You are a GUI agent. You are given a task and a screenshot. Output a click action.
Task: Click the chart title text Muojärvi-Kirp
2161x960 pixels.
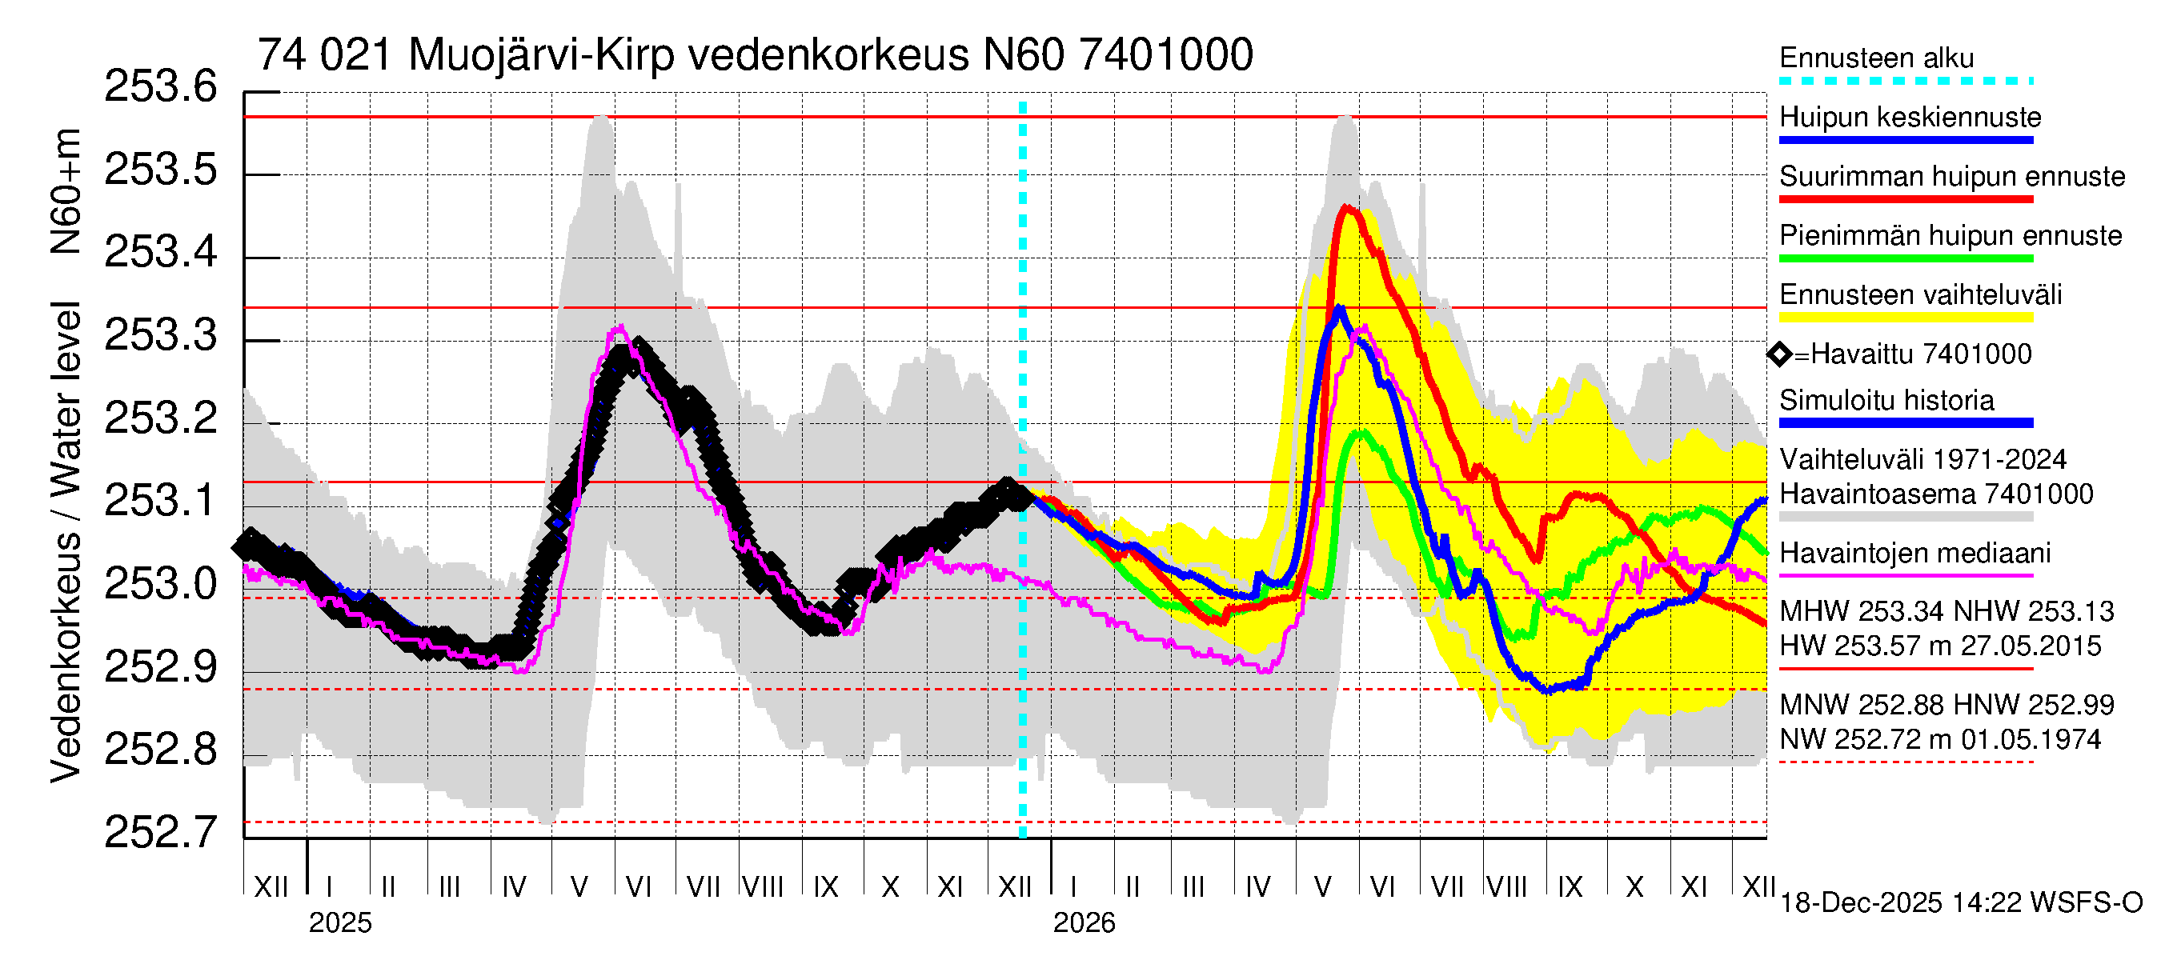[x=541, y=55]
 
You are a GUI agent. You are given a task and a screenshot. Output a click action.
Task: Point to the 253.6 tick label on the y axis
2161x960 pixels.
[x=160, y=87]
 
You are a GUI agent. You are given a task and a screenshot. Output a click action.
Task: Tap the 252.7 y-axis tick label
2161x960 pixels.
[x=160, y=832]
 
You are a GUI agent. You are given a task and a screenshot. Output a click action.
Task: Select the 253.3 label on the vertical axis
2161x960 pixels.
[x=160, y=335]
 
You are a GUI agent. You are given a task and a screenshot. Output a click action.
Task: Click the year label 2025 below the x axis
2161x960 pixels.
[x=339, y=923]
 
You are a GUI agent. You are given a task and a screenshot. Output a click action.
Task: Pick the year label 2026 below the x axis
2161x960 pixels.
[x=1084, y=923]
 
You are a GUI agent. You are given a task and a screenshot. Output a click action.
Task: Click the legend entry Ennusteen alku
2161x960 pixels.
[x=1876, y=58]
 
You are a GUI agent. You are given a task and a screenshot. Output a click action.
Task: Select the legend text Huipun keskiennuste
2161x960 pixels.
[x=1910, y=118]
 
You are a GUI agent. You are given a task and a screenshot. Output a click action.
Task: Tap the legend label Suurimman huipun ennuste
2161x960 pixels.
[x=1952, y=177]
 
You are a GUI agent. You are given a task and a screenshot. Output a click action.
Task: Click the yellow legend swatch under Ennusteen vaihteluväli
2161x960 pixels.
[x=1906, y=318]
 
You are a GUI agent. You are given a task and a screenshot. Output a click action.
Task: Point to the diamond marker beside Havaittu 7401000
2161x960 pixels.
[x=1779, y=354]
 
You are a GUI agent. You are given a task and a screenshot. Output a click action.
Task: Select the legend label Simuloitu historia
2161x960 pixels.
[x=1886, y=401]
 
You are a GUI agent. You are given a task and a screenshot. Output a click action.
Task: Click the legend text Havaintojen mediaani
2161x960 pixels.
[x=1915, y=554]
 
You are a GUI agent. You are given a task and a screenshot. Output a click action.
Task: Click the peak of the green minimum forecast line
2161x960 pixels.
[x=1361, y=433]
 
